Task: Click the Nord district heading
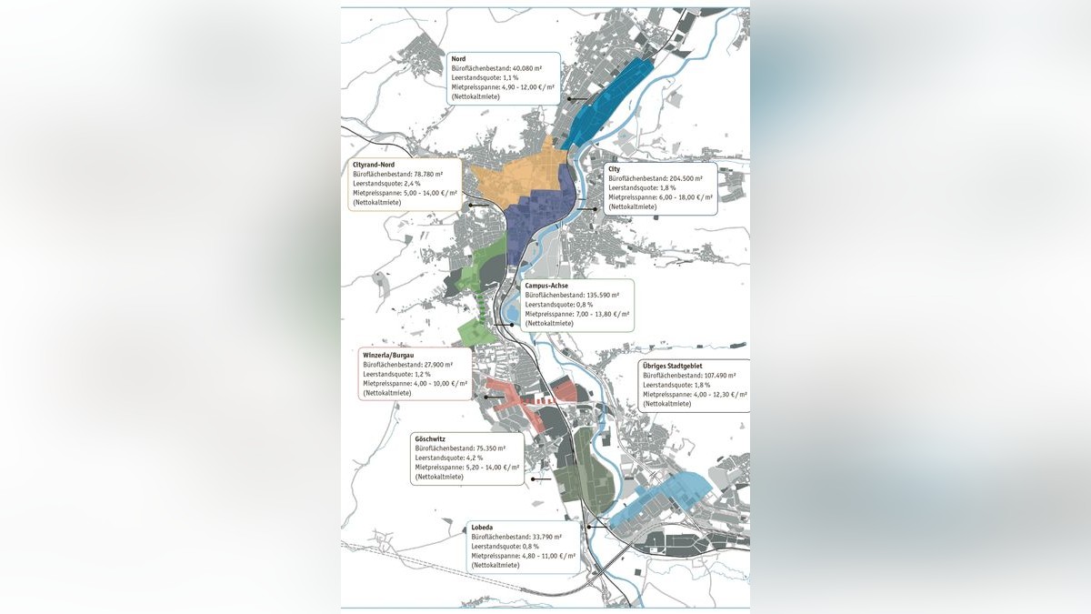(x=459, y=58)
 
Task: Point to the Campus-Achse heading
(x=546, y=286)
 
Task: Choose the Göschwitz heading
(x=430, y=438)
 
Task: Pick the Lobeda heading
(x=483, y=527)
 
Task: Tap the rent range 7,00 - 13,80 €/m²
(x=594, y=314)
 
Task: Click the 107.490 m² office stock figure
(x=716, y=376)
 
